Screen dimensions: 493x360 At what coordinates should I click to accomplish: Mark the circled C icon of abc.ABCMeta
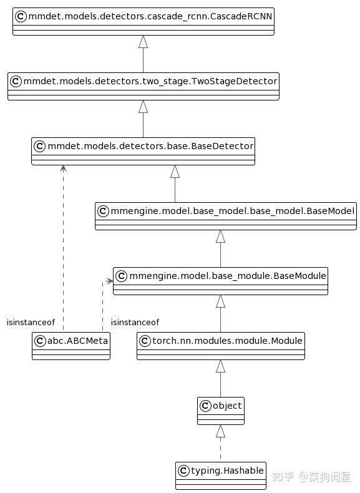coord(39,340)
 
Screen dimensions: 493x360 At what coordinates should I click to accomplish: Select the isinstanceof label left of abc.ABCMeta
coord(31,323)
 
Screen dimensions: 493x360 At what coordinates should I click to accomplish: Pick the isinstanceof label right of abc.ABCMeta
coord(135,323)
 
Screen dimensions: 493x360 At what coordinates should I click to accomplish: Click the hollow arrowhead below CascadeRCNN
coord(143,42)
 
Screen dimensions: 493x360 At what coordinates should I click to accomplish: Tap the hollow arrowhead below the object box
coord(220,431)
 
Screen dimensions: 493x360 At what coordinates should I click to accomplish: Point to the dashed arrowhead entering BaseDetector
coord(63,168)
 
